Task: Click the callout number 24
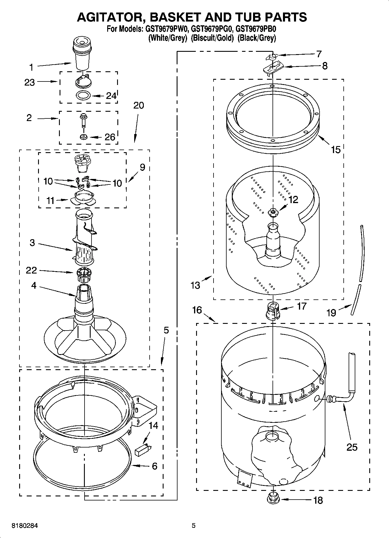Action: [x=111, y=96]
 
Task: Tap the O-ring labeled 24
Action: [x=83, y=95]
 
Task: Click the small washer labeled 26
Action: [x=84, y=137]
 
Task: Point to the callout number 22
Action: [x=31, y=270]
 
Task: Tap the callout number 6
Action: [x=154, y=466]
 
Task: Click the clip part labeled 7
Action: [x=272, y=57]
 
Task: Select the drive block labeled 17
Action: [x=273, y=311]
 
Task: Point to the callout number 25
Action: [x=352, y=447]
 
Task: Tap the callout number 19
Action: [x=331, y=313]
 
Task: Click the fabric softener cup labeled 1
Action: [x=83, y=55]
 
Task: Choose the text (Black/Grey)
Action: [x=256, y=38]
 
